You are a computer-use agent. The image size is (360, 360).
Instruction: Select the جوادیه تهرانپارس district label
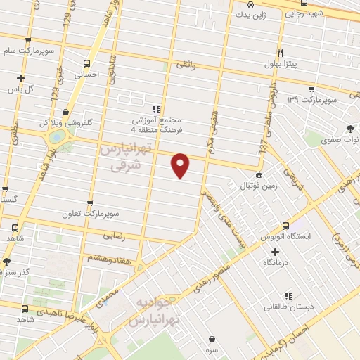click(x=156, y=311)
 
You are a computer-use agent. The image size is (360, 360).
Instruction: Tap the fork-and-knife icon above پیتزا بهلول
click(x=280, y=53)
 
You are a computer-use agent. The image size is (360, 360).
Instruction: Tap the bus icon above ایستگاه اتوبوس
click(x=285, y=226)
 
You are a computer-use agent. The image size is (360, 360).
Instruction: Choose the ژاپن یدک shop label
click(x=249, y=13)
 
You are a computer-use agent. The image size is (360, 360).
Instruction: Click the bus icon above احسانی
click(x=87, y=62)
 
